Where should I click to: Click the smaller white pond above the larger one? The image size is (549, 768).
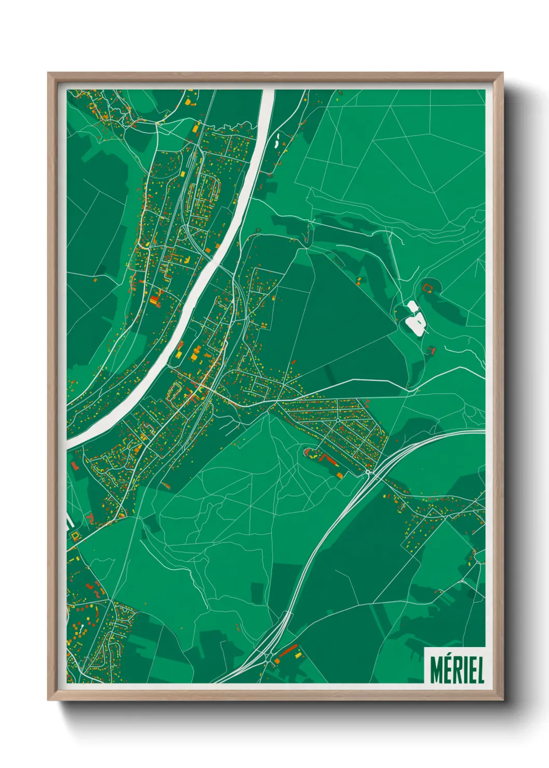click(x=413, y=307)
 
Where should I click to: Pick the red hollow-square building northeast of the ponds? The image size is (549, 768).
click(x=428, y=286)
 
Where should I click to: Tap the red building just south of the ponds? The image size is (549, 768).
click(x=430, y=350)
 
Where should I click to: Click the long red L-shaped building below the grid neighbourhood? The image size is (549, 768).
click(x=327, y=459)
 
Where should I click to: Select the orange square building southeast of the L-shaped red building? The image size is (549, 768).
click(x=340, y=474)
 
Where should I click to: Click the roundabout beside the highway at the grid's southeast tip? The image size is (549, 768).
click(x=369, y=472)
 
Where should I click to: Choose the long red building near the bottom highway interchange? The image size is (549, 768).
click(x=287, y=650)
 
